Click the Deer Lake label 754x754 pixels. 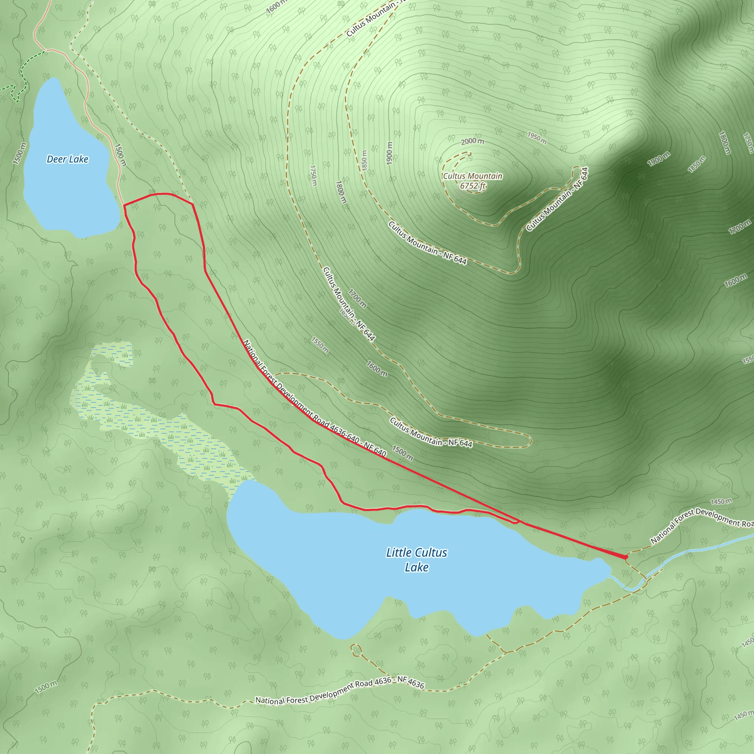coord(67,159)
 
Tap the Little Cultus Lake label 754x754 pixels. coord(416,560)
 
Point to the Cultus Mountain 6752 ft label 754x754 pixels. coord(472,181)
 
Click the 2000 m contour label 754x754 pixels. coord(472,141)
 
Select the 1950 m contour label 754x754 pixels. coord(537,137)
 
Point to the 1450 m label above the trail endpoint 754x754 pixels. coord(721,501)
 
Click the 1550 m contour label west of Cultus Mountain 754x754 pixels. coord(320,345)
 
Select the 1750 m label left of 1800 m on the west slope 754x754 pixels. coord(313,175)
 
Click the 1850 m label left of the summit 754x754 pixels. coord(364,160)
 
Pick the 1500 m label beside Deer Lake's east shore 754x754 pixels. coord(120,155)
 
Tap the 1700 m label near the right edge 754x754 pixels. coord(740,227)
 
